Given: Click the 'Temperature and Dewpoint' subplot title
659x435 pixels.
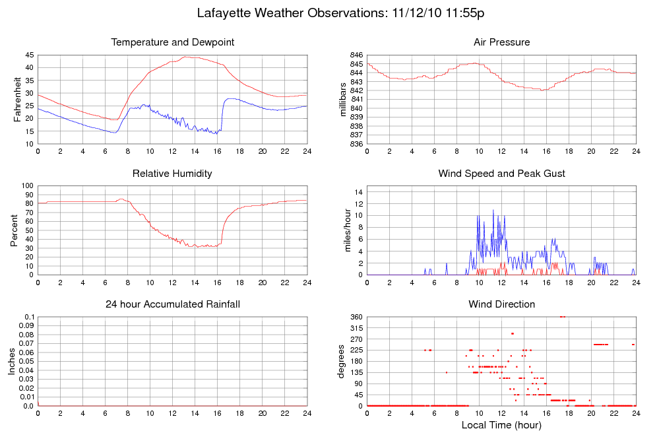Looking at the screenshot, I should tap(173, 42).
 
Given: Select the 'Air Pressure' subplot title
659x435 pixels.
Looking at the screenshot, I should tap(501, 42).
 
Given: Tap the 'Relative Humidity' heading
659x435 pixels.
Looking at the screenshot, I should tap(172, 174).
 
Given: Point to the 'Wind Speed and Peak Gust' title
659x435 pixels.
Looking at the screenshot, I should tap(501, 174).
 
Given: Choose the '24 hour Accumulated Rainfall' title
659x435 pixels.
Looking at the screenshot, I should tap(173, 304).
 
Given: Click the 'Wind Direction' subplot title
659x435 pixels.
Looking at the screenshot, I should tap(501, 304).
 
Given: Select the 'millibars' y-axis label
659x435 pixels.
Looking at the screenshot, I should tap(342, 99).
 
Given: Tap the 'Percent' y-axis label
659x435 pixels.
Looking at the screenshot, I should tap(15, 230).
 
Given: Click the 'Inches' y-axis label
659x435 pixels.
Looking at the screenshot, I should tap(12, 362).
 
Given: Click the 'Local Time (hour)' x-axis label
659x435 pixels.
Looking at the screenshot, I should tap(501, 425).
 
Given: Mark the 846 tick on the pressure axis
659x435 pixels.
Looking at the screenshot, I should tap(356, 55).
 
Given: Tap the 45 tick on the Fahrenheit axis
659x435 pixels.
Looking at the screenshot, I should tap(29, 55).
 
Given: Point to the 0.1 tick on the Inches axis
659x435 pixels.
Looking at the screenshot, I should tap(29, 318).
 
